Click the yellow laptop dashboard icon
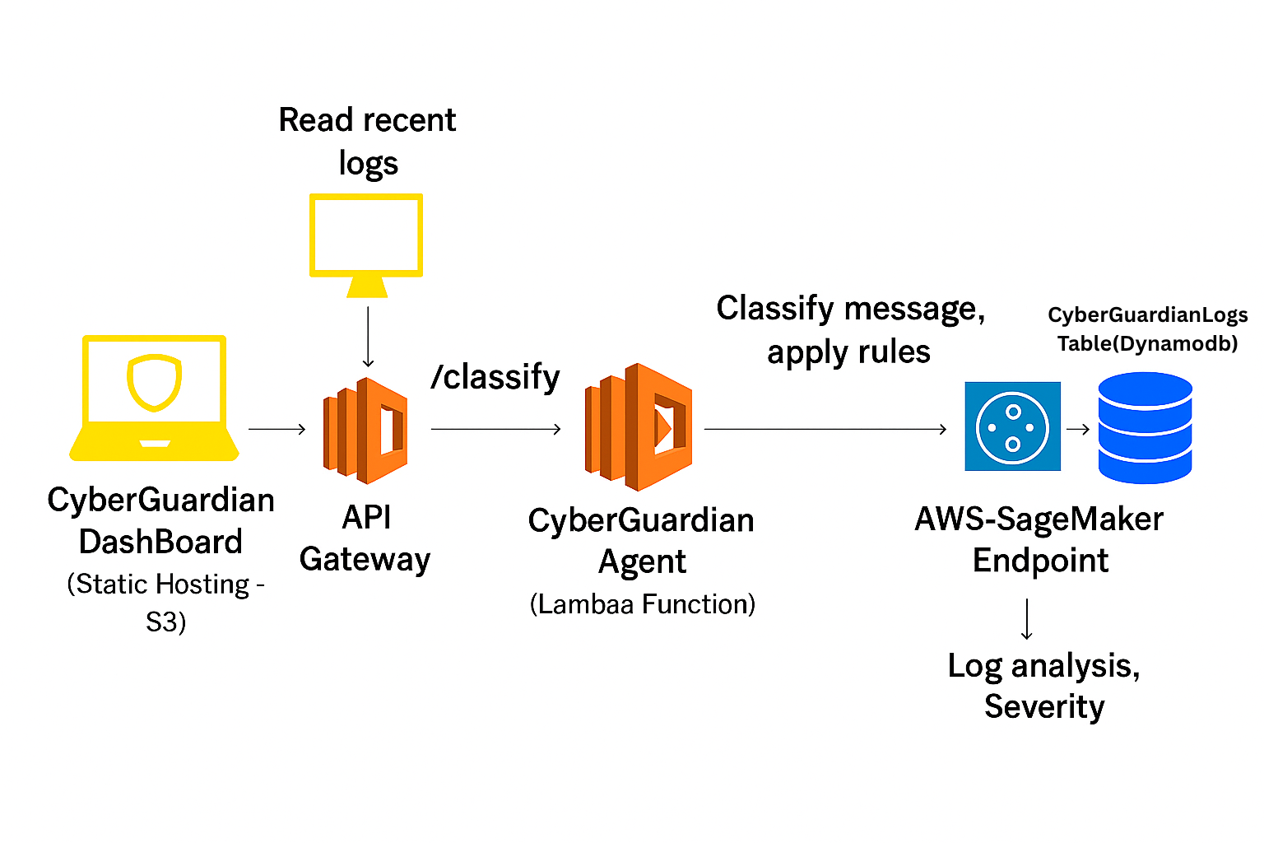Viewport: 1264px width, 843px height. pos(155,399)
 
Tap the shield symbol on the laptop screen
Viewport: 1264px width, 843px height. pos(154,382)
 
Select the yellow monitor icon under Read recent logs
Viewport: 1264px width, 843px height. pos(366,243)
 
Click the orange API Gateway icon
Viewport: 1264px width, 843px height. pos(365,430)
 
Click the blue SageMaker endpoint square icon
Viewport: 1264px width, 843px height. pos(1012,426)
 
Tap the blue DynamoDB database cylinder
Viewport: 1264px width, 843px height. pos(1145,427)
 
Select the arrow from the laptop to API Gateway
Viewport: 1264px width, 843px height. pos(277,429)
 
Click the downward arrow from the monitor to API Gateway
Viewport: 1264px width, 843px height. pos(368,337)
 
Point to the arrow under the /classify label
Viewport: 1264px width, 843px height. pos(496,429)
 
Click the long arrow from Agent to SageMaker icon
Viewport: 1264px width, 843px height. pos(825,429)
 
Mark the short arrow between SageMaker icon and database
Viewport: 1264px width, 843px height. pos(1078,429)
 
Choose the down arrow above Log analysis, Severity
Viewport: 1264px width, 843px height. pos(1027,619)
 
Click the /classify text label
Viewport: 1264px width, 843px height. pos(495,377)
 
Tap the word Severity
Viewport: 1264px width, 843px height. pos(1044,707)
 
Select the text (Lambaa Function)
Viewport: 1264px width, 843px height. pos(643,604)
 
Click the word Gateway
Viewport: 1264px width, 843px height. pos(365,560)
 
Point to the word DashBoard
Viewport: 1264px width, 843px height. pos(160,543)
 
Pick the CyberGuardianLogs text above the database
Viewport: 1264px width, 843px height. pos(1147,315)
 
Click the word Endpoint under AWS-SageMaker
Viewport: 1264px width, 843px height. pos(1040,561)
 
